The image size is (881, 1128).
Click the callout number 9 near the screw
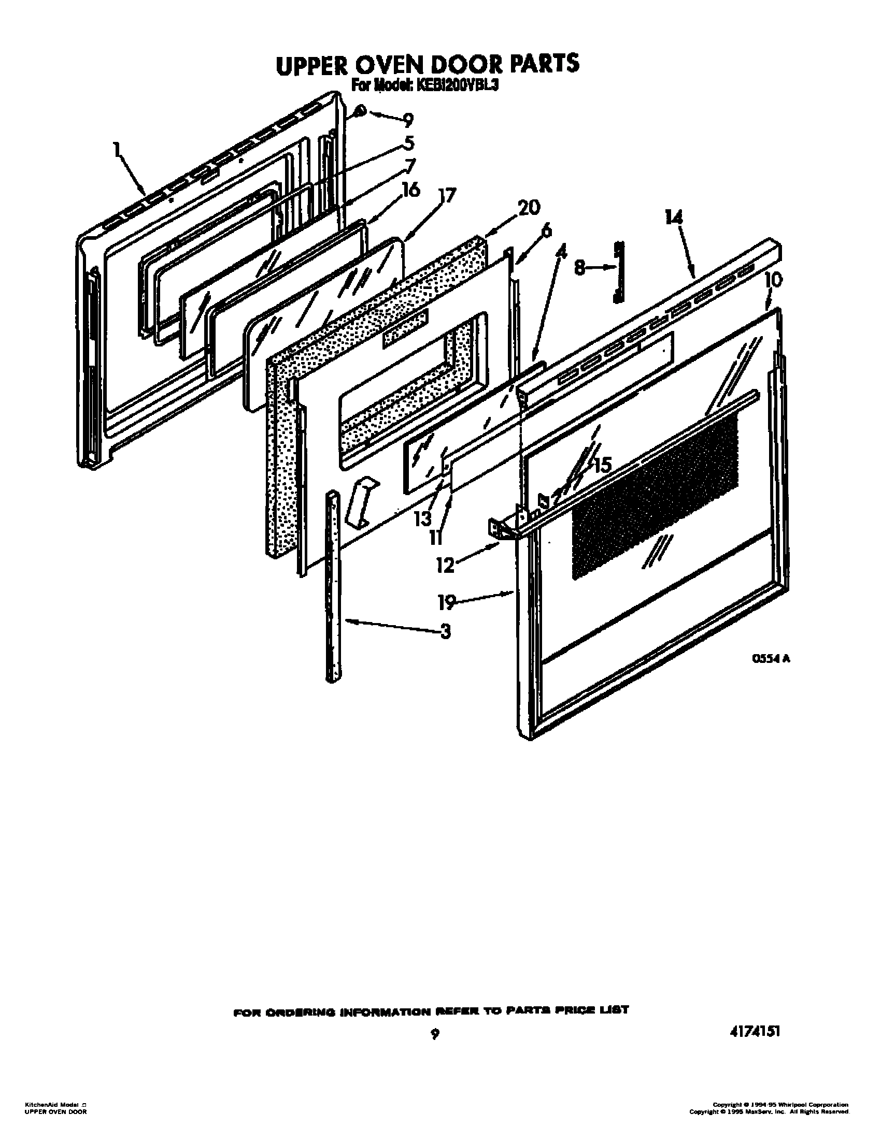click(408, 121)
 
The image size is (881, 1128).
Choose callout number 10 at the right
click(773, 280)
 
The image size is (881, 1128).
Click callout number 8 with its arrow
click(580, 268)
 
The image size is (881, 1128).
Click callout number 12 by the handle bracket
click(445, 565)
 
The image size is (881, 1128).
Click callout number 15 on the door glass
click(602, 466)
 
